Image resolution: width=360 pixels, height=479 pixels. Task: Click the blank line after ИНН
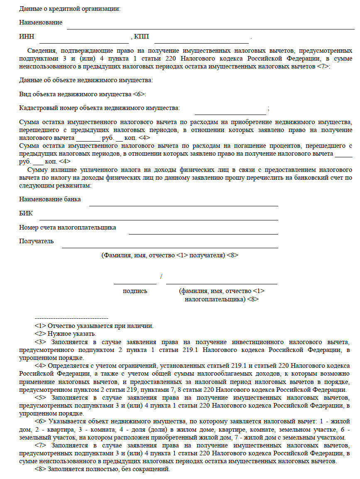(x=84, y=42)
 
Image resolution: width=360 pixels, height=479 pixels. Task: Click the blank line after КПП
(x=201, y=42)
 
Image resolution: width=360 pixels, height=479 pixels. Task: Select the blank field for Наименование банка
(x=184, y=205)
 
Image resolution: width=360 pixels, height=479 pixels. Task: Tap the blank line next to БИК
(x=159, y=219)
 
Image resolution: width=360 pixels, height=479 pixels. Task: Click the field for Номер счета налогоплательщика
(x=203, y=233)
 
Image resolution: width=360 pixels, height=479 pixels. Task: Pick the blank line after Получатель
(x=170, y=247)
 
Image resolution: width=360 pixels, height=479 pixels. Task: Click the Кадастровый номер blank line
(x=230, y=113)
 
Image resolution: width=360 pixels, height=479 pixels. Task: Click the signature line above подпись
(x=135, y=283)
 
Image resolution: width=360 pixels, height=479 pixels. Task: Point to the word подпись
(x=135, y=291)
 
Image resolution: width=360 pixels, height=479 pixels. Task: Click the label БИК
(x=26, y=213)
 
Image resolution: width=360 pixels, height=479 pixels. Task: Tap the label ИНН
(x=26, y=37)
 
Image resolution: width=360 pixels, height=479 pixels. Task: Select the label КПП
(x=141, y=37)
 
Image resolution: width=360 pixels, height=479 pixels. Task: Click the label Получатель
(x=36, y=241)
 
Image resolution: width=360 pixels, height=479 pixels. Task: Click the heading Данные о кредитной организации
(x=70, y=8)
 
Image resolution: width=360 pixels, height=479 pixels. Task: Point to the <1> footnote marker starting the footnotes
(x=40, y=326)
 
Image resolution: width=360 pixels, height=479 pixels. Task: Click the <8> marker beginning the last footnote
(x=40, y=469)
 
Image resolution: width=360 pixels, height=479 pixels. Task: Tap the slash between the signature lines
(x=161, y=277)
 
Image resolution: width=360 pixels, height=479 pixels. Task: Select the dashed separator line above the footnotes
(x=71, y=318)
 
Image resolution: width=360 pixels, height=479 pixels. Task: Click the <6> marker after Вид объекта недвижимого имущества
(x=139, y=94)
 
